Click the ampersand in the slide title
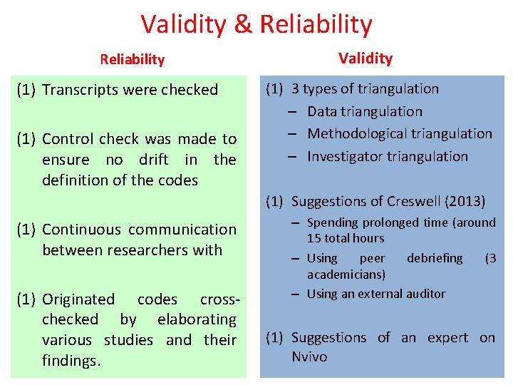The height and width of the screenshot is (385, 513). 242,24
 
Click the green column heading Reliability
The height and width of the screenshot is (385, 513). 133,59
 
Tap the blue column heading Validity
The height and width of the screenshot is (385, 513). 366,58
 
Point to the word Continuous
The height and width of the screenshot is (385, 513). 81,230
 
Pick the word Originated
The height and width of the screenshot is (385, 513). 78,299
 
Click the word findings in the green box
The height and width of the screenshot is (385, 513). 69,361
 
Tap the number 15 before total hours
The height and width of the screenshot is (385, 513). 313,238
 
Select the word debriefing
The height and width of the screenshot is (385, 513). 435,257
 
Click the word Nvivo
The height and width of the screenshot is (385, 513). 309,356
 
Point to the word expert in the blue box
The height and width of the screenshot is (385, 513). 447,337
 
